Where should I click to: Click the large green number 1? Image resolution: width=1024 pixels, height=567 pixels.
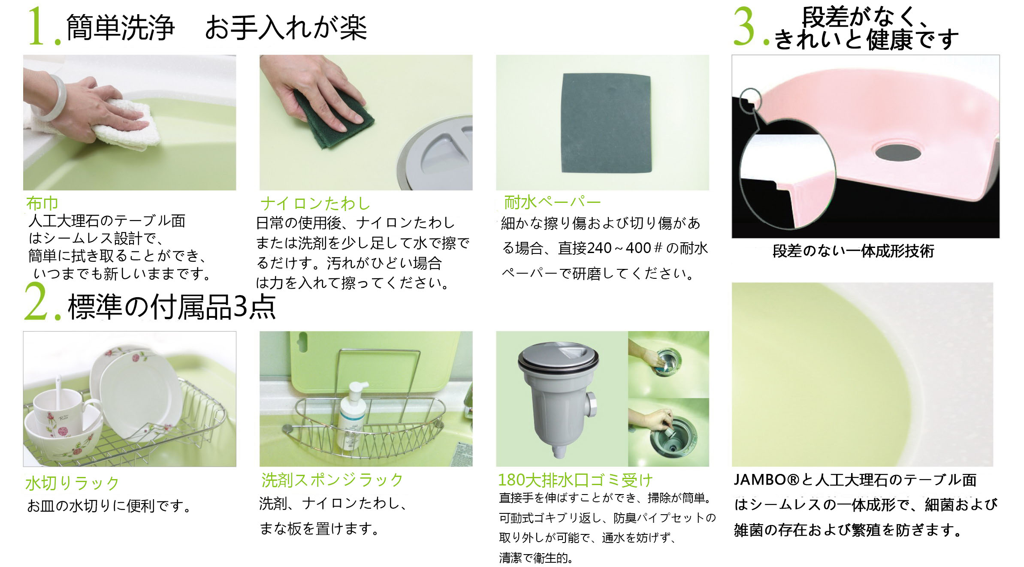tap(37, 26)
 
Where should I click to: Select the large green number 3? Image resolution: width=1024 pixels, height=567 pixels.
tap(744, 26)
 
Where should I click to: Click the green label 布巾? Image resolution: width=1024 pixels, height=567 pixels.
tap(42, 203)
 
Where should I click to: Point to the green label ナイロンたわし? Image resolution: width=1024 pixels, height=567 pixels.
tap(315, 203)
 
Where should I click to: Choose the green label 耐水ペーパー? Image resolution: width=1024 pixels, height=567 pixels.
tap(552, 202)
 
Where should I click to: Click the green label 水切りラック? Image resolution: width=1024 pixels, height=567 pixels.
tap(72, 483)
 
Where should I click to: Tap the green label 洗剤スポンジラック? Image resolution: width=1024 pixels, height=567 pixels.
tap(332, 480)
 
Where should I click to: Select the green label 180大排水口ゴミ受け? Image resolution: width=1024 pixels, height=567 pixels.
tap(575, 480)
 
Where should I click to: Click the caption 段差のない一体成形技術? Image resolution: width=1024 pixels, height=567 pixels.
tap(853, 251)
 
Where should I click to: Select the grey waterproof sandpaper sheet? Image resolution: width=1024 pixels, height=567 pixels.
tap(607, 123)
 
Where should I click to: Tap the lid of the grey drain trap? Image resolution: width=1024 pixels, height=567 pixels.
tap(558, 356)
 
